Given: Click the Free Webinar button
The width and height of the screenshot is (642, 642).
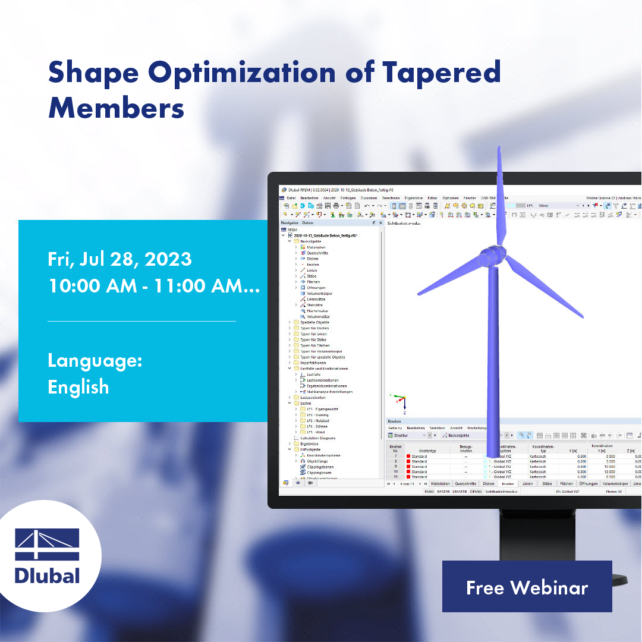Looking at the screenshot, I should pos(527,587).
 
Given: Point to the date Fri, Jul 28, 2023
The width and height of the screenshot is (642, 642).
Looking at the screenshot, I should pos(119,259).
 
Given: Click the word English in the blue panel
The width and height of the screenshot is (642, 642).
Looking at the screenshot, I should pos(78,387).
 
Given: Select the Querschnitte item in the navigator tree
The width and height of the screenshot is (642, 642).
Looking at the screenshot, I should pos(317,253).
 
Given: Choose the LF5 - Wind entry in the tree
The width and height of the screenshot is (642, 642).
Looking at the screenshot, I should pos(317,432).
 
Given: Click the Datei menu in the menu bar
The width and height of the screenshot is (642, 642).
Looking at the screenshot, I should pos(291,197).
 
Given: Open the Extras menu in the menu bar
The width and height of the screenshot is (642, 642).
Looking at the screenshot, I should pos(432,197).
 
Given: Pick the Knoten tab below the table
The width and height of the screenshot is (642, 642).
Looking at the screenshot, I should pos(508,484).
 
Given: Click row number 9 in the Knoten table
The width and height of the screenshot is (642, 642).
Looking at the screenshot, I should pos(395,466).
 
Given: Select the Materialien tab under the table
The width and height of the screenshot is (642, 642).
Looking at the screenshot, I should pos(441,484).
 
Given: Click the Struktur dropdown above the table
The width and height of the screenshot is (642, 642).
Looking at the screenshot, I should pos(404,435).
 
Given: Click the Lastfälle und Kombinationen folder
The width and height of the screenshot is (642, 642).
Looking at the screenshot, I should pos(324,369).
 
